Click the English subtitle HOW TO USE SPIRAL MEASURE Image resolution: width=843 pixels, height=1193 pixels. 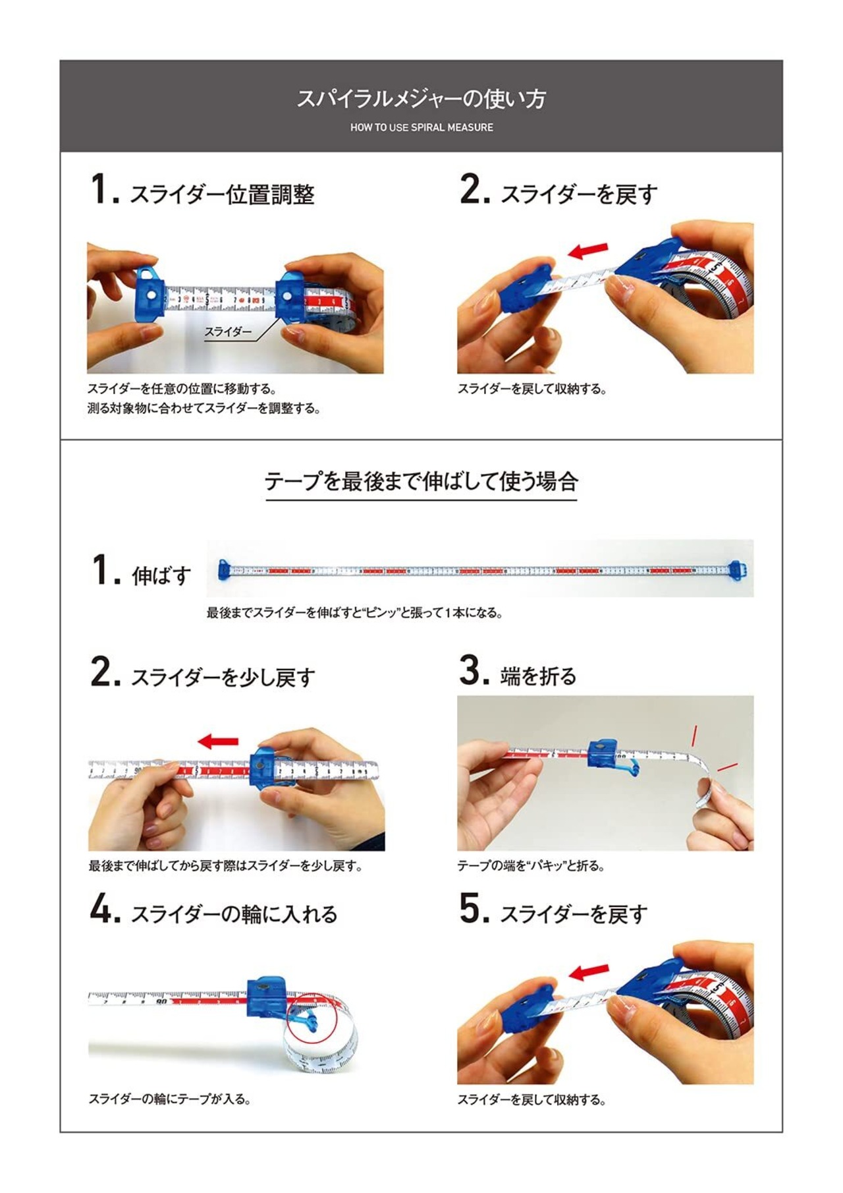[x=421, y=127]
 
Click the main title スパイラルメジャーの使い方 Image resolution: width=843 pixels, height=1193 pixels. [x=421, y=99]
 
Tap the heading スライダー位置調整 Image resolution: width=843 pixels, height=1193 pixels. [x=222, y=194]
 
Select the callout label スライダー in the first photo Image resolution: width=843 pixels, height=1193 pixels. [x=228, y=332]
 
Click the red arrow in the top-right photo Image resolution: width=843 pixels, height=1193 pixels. [x=588, y=250]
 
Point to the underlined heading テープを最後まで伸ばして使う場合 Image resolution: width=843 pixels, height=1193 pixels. [x=421, y=481]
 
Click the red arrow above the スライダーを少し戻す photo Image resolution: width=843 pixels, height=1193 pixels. [x=218, y=742]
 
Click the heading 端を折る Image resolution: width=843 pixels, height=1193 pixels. [x=538, y=676]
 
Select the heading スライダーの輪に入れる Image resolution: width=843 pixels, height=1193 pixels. [x=234, y=914]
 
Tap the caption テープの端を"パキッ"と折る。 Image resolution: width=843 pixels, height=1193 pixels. [x=531, y=865]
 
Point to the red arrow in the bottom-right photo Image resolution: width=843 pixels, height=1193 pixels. [x=589, y=972]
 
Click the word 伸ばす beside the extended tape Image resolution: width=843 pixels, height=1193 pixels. [x=161, y=575]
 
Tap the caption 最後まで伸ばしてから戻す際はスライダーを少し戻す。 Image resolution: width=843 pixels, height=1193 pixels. [x=225, y=865]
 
